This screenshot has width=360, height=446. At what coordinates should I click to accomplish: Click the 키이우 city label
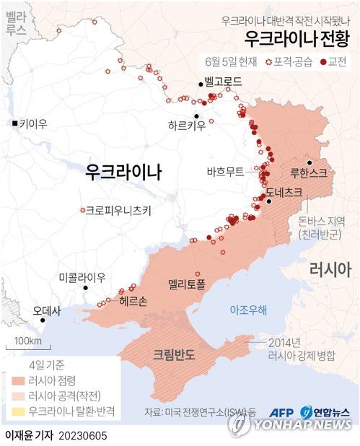(x=33, y=124)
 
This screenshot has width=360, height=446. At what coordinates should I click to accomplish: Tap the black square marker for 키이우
(x=14, y=125)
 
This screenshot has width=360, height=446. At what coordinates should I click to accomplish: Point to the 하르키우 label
(x=186, y=125)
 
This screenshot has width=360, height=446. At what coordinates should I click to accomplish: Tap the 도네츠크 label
(x=283, y=193)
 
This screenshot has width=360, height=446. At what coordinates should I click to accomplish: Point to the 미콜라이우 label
(x=82, y=278)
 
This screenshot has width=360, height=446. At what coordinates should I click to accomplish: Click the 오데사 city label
(x=47, y=311)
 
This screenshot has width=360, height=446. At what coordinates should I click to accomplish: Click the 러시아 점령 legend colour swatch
(x=17, y=380)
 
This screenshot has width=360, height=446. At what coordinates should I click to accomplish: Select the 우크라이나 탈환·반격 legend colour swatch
(x=17, y=412)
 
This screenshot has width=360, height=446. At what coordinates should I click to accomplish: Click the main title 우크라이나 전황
(x=297, y=38)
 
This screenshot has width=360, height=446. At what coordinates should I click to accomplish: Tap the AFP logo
(x=284, y=413)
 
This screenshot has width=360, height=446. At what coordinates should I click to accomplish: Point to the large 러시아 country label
(x=330, y=271)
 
